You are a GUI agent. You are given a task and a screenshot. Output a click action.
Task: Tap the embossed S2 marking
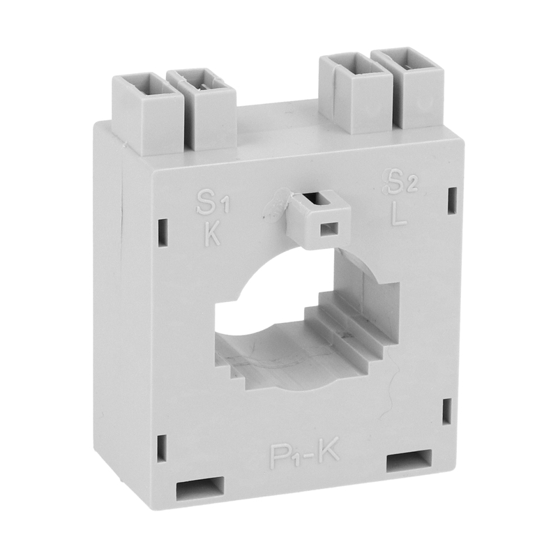pyautogui.click(x=400, y=182)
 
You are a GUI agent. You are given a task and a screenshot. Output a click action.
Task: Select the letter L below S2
pyautogui.click(x=398, y=215)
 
